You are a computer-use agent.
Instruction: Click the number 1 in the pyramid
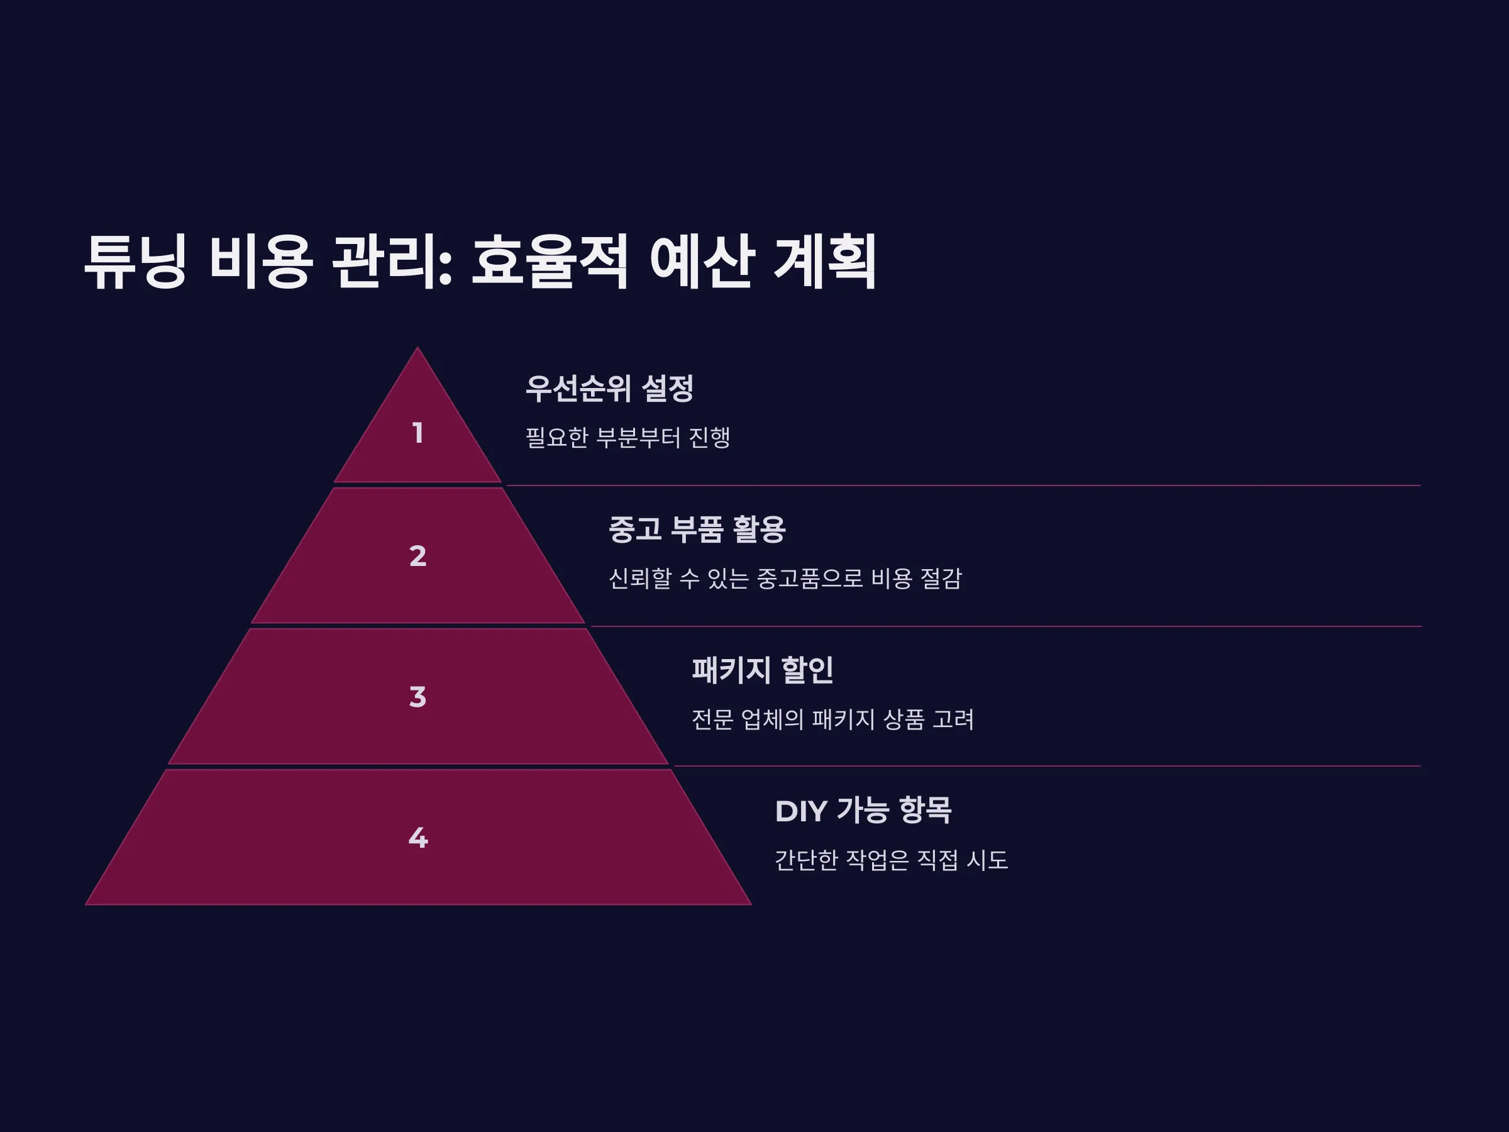coord(418,433)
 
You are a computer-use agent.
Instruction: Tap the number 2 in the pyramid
coord(417,556)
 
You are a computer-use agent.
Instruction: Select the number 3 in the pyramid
coord(417,697)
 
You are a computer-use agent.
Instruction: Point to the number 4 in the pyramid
coord(418,837)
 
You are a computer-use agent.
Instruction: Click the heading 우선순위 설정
coord(609,388)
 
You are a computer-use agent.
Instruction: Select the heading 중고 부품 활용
coord(697,529)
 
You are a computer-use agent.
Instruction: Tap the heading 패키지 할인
coord(762,669)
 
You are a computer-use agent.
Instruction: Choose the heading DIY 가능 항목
coord(863,810)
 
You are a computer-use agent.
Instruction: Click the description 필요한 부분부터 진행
coord(627,437)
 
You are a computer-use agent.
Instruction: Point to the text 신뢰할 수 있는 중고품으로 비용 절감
coord(785,578)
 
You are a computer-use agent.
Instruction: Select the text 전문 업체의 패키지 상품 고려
coord(833,718)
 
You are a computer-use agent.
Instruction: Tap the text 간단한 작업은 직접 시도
coord(891,859)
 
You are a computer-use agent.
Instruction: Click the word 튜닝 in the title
coord(135,262)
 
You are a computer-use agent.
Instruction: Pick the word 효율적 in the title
coord(549,262)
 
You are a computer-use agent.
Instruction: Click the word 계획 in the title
coord(825,262)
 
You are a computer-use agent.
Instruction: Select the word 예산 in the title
coord(701,262)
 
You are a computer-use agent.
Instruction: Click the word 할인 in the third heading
coord(807,669)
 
